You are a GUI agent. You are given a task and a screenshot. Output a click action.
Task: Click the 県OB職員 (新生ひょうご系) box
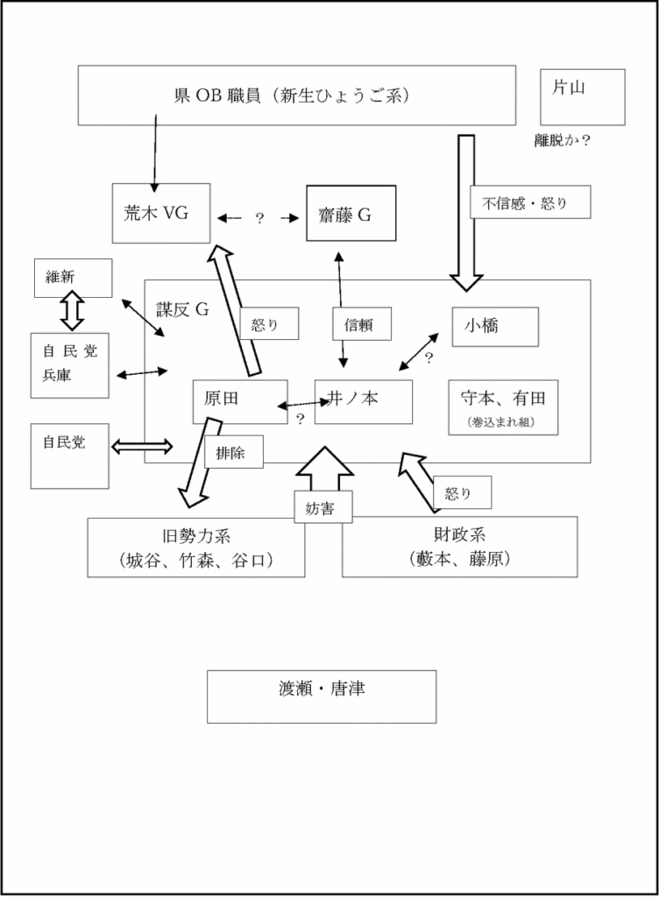click(295, 95)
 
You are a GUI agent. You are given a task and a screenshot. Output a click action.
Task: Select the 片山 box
click(582, 97)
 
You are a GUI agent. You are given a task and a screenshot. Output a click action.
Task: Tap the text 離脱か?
click(562, 140)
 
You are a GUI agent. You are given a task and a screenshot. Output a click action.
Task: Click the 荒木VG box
click(161, 213)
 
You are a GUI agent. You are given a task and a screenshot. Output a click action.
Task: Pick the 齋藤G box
click(351, 213)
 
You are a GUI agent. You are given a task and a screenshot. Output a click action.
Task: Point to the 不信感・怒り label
click(529, 203)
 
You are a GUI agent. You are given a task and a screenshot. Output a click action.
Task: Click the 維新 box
click(72, 278)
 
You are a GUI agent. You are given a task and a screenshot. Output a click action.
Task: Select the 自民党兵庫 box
click(70, 364)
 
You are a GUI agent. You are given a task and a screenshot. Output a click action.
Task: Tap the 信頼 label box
click(361, 323)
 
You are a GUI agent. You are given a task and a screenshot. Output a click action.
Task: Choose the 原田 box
click(239, 401)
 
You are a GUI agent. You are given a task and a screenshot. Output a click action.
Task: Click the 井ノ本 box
click(363, 401)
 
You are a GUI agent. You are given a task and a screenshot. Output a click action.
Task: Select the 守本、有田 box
click(502, 406)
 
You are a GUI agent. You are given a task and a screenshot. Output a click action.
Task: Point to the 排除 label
click(234, 452)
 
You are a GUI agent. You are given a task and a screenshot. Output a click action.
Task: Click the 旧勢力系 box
click(196, 547)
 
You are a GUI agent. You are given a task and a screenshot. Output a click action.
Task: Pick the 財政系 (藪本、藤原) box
click(459, 547)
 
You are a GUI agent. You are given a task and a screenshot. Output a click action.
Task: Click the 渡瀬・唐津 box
click(321, 696)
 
